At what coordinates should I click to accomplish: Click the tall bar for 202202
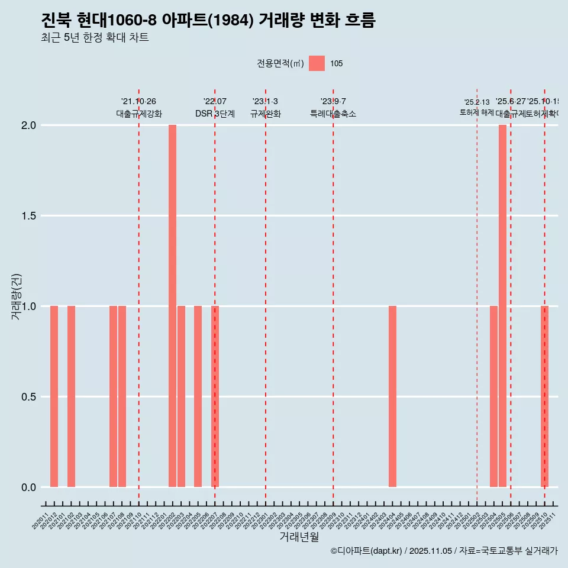pos(172,306)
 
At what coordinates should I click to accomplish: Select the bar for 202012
pos(54,396)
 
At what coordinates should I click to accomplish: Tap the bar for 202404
pos(392,396)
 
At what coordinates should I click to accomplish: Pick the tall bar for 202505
pos(502,306)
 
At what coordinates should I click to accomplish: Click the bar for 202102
pos(71,396)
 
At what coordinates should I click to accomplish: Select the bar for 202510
pos(544,396)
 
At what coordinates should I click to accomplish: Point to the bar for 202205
pos(198,396)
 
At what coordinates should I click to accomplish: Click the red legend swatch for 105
pos(317,63)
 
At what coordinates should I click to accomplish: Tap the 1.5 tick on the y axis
pos(28,216)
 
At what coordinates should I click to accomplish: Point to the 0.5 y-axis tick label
pos(28,397)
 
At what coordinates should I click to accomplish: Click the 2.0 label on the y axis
pos(28,125)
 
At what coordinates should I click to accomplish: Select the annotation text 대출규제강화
pos(139,114)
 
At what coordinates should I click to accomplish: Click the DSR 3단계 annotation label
pos(215,114)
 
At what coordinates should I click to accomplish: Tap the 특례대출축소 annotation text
pos(333,114)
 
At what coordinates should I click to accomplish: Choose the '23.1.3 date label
pos(265,102)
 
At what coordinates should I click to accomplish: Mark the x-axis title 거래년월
pos(299,537)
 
